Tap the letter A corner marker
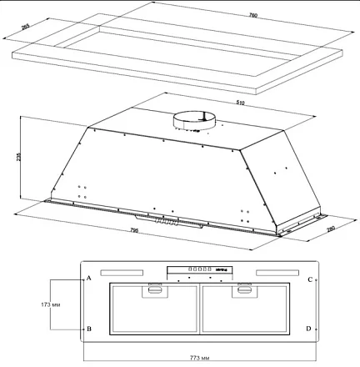[88, 279]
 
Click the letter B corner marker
[88, 329]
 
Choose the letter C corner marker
[308, 279]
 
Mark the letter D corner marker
[308, 329]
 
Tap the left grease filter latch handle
[155, 289]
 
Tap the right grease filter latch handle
[243, 289]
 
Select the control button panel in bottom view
[198, 270]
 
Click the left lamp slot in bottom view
[122, 272]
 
